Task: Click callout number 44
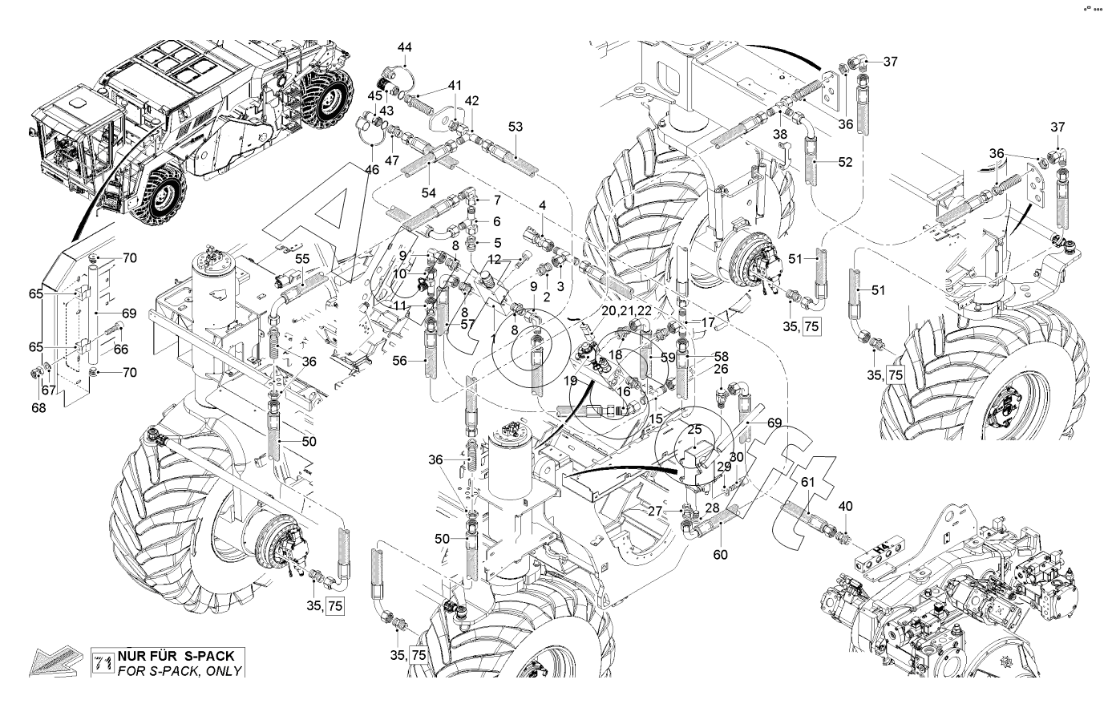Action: [x=405, y=47]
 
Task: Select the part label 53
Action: [x=515, y=127]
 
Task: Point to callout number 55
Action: [x=302, y=259]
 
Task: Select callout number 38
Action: [x=781, y=135]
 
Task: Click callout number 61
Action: [x=808, y=480]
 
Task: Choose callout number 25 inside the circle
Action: [x=695, y=430]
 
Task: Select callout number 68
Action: [x=38, y=407]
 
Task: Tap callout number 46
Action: [x=371, y=169]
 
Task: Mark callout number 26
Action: [x=721, y=370]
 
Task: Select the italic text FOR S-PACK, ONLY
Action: [x=179, y=670]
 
